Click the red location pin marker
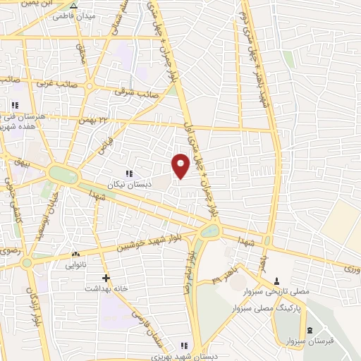click(180, 164)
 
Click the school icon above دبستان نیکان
click(128, 173)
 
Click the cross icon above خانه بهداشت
click(106, 278)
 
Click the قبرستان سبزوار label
click(310, 341)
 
